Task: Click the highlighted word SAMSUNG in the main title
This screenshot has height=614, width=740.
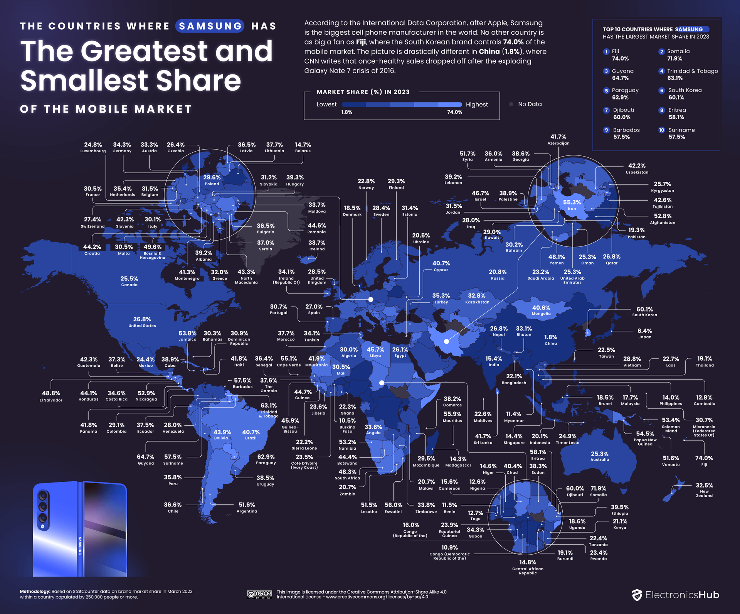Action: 210,26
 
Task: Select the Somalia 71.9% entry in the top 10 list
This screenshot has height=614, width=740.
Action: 678,55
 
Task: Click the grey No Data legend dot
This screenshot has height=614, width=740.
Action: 511,104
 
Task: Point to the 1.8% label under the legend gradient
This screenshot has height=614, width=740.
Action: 346,112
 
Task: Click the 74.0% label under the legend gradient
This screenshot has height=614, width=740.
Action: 454,112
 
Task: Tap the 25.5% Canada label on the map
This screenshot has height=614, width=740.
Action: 129,281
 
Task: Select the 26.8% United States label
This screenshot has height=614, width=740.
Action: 142,322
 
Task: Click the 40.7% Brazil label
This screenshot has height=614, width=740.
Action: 251,435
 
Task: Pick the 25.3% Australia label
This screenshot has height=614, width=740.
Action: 600,456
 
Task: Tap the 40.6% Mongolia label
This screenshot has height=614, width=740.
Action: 541,310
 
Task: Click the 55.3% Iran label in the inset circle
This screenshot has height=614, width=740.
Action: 572,204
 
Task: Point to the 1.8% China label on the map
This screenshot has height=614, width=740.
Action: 551,339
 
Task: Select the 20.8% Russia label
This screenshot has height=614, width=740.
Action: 498,274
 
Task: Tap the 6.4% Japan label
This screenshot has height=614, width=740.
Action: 644,333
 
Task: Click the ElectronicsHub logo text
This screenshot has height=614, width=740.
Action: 682,595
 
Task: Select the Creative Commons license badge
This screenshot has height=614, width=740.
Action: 259,594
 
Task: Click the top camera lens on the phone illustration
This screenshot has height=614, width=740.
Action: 43,496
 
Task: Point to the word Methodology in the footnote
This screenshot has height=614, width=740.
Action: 35,591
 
